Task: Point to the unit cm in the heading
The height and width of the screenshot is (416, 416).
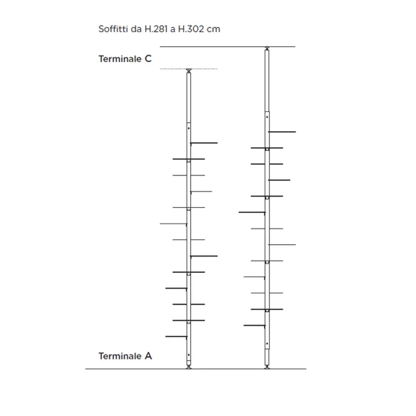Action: click(213, 29)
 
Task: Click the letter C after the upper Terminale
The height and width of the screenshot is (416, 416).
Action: click(148, 58)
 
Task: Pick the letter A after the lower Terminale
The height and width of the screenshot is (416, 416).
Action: click(148, 355)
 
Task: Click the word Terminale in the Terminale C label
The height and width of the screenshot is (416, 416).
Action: click(120, 58)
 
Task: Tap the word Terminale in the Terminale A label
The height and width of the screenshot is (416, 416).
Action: click(120, 355)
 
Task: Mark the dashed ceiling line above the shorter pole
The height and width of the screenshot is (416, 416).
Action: click(189, 68)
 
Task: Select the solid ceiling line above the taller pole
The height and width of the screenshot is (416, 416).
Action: click(227, 47)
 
